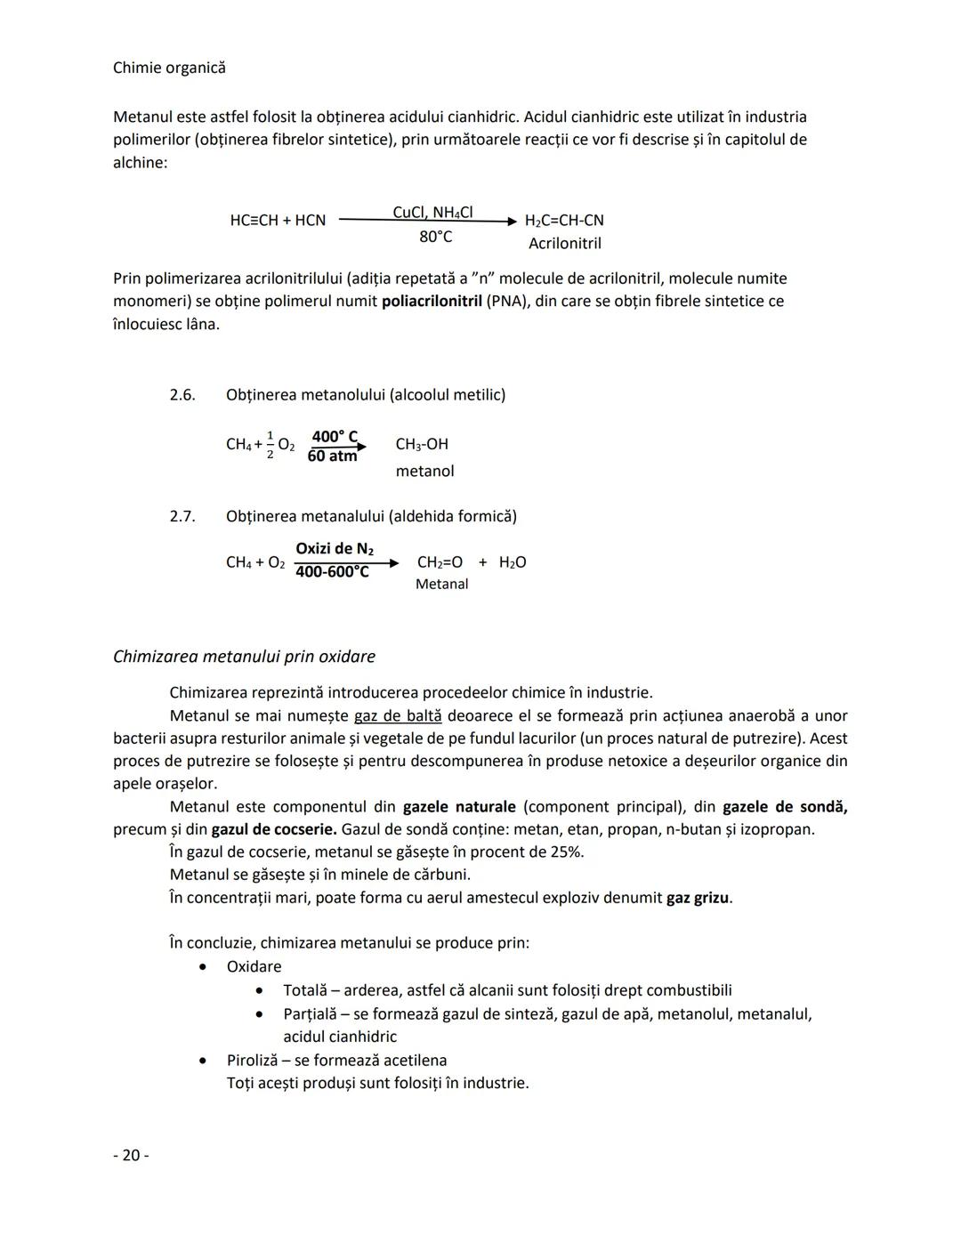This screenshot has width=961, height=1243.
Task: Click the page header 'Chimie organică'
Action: point(169,68)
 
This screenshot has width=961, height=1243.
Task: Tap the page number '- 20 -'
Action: point(131,1155)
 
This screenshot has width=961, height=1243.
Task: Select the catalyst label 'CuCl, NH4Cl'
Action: point(432,212)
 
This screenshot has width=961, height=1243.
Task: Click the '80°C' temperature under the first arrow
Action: point(435,237)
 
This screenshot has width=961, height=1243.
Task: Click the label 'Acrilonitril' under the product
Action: point(564,243)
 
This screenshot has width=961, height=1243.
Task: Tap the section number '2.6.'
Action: point(182,394)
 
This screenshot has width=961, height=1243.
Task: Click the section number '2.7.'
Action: point(182,516)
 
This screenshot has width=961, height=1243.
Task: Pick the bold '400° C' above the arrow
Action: point(335,436)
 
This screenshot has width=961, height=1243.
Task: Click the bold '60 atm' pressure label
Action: point(332,456)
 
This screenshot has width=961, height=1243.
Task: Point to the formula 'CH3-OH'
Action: point(422,444)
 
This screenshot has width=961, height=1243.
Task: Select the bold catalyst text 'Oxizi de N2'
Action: point(335,548)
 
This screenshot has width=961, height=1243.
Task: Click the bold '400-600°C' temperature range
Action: point(332,572)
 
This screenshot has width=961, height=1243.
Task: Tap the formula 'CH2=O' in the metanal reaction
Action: point(440,562)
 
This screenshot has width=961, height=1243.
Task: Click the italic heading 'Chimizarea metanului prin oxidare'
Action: point(244,657)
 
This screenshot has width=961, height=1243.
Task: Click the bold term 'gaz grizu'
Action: point(698,898)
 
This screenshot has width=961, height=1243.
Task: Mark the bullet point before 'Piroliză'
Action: point(204,1061)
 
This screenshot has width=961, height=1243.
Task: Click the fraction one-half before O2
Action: point(271,444)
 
